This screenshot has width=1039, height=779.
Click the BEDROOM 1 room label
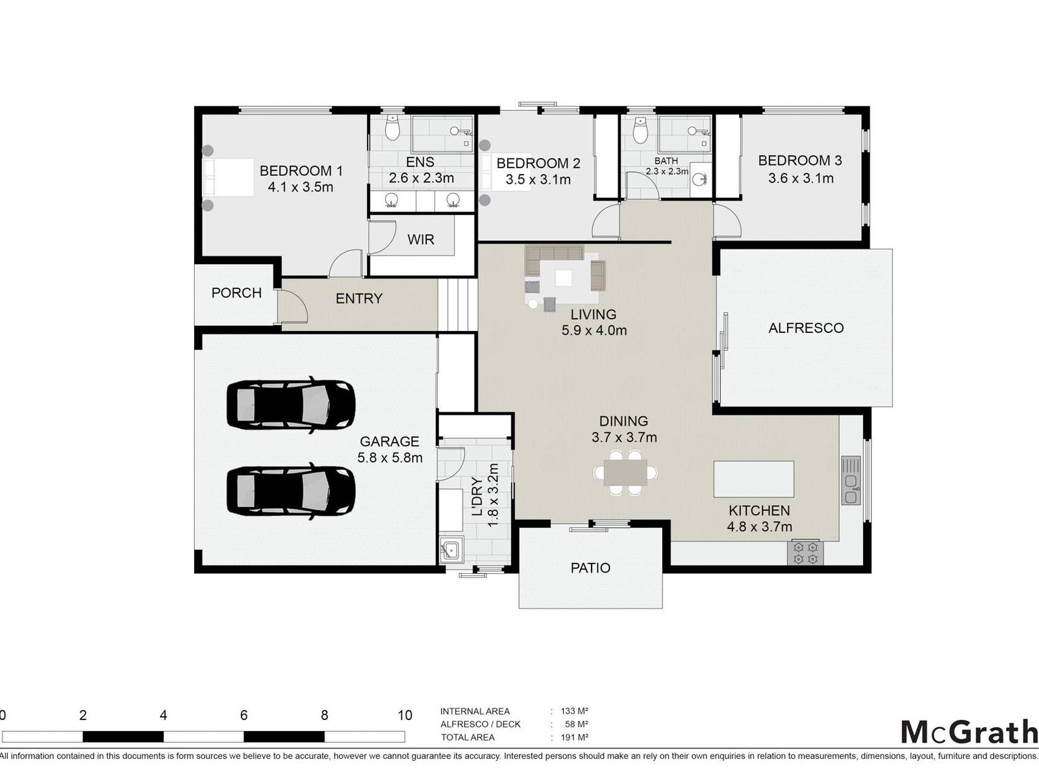point(301,171)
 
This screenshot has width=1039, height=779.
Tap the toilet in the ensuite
point(392,127)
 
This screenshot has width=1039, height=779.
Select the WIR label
point(420,240)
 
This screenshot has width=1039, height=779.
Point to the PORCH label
point(236,293)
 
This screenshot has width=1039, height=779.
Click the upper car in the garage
point(291,404)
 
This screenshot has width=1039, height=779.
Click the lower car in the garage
point(291,491)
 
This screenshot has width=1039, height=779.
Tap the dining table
point(625,473)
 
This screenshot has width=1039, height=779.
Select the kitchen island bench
point(753,479)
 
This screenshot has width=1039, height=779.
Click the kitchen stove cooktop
point(805,553)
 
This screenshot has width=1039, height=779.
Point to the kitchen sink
point(851,480)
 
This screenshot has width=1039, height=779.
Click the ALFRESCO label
point(806,328)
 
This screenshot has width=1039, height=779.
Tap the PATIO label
point(590,568)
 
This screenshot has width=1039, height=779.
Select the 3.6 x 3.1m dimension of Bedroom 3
point(801,179)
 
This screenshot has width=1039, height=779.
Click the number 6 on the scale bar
point(244,715)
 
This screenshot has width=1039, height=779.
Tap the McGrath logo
point(970,733)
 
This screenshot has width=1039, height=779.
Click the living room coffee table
point(563,278)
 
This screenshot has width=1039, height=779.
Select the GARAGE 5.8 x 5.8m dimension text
point(390,458)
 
